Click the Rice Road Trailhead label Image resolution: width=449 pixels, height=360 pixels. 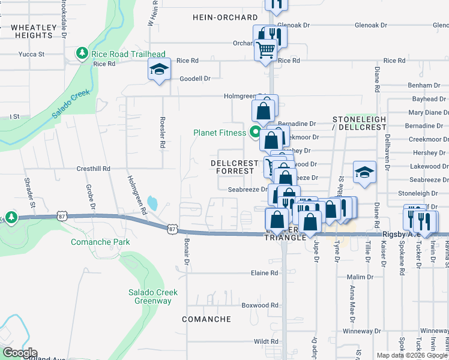point(128,54)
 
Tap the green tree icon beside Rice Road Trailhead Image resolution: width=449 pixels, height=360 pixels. point(82,54)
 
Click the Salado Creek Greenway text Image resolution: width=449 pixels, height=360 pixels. point(152,296)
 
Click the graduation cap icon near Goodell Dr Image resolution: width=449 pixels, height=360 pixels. point(160,70)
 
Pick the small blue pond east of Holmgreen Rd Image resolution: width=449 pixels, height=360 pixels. point(152,202)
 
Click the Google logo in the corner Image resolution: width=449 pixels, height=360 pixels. point(19,353)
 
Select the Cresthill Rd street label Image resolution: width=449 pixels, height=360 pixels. point(94,169)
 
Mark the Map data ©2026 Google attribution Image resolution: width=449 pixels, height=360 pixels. point(412,355)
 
